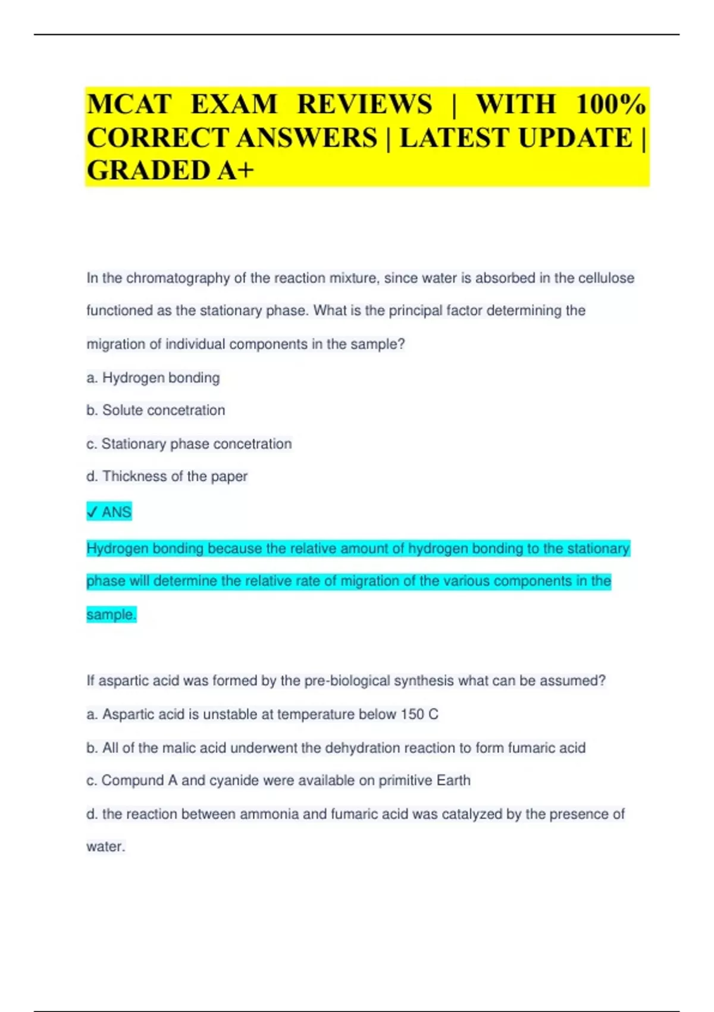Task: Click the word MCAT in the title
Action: pos(129,105)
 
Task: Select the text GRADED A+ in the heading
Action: pos(170,170)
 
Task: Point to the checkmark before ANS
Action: pos(92,511)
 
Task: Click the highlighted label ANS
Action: pos(117,512)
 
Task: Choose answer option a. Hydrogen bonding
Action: pos(153,377)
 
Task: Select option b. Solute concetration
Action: pos(155,410)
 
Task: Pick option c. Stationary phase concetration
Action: pos(189,443)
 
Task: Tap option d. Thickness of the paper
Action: pos(167,476)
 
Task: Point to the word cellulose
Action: pos(606,278)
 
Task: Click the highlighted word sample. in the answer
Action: pos(111,614)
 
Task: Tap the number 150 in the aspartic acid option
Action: pos(412,714)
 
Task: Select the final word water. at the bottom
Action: pos(106,847)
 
